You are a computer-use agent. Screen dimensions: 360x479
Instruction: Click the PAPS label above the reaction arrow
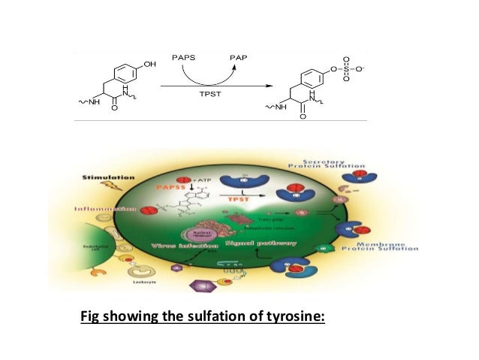pyautogui.click(x=184, y=56)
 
